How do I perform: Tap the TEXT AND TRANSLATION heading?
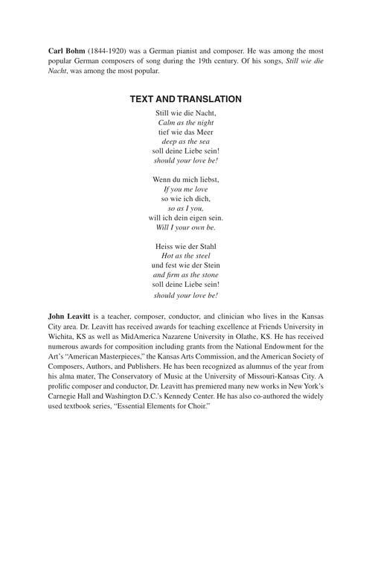(186, 99)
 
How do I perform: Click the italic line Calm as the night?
(186, 121)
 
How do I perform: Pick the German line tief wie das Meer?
(186, 131)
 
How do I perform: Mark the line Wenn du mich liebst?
(186, 180)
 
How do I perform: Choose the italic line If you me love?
(186, 189)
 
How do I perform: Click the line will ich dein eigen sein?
(186, 218)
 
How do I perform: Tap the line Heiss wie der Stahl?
(186, 247)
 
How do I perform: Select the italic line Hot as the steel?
(186, 256)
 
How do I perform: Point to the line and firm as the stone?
(186, 275)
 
